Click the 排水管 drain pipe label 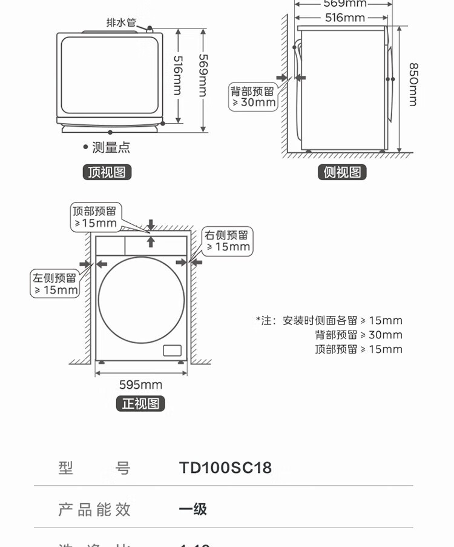[x=121, y=22]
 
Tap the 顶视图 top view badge [x=107, y=172]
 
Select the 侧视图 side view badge [x=342, y=172]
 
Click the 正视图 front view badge [x=140, y=404]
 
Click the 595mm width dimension [x=140, y=385]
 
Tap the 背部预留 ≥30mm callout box [x=252, y=97]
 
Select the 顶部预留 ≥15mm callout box [x=95, y=216]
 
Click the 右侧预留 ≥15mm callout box [x=227, y=241]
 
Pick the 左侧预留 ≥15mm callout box [x=55, y=284]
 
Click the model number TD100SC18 [x=225, y=468]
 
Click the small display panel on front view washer [x=172, y=351]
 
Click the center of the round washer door [x=141, y=299]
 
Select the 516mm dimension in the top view [x=177, y=75]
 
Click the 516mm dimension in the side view [x=344, y=18]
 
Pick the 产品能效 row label [x=94, y=509]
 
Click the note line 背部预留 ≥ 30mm [x=358, y=335]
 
